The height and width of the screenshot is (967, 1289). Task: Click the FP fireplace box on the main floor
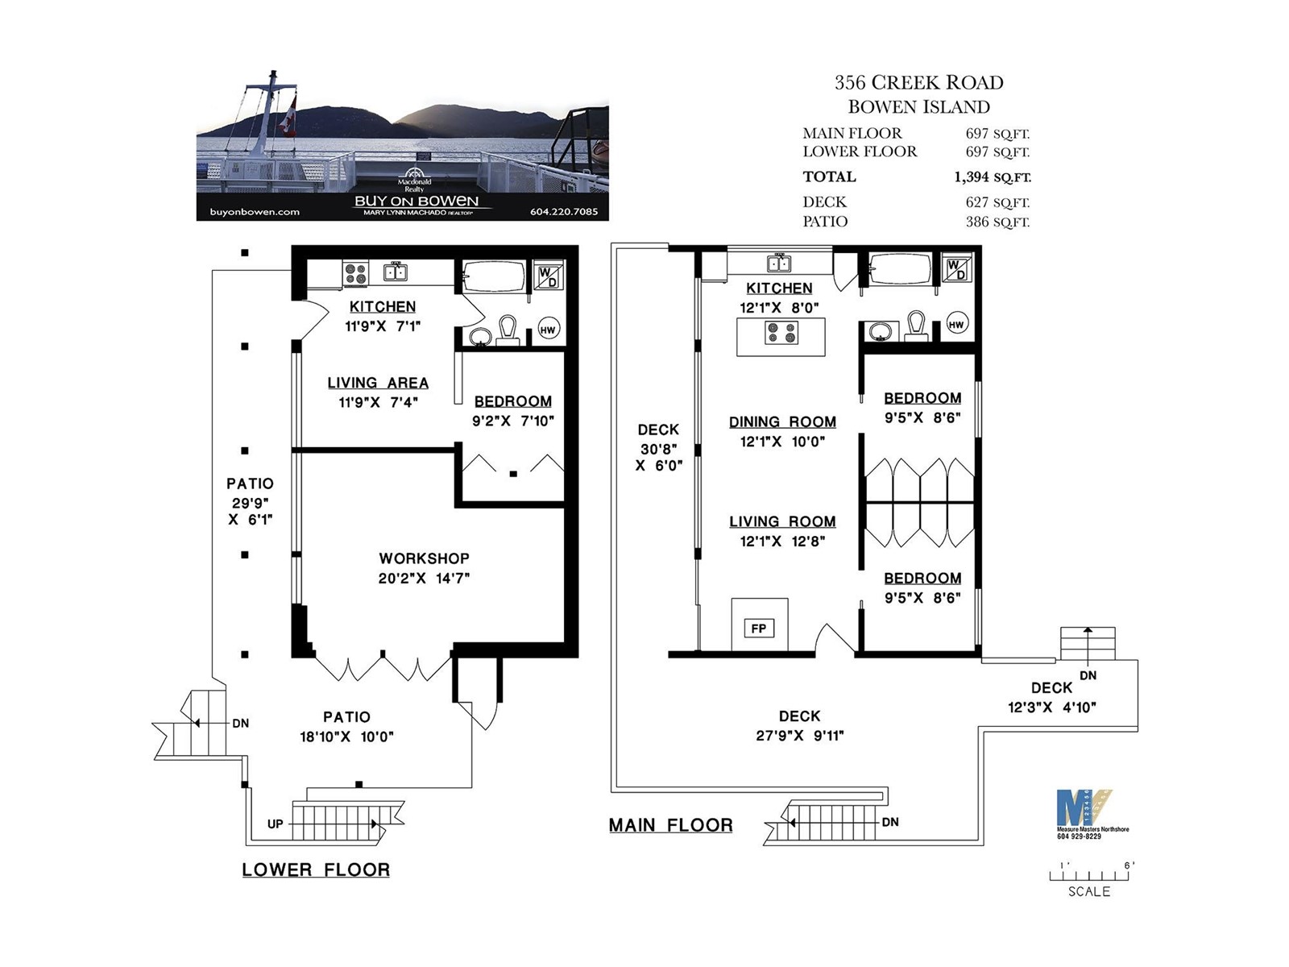[759, 629]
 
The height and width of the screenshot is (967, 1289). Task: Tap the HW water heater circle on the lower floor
[547, 330]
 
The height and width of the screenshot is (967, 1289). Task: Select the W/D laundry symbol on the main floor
[956, 269]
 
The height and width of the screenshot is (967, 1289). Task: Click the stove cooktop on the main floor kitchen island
[781, 333]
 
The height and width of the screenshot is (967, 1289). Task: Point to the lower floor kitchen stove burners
[355, 274]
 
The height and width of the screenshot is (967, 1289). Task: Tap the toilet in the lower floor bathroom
[508, 330]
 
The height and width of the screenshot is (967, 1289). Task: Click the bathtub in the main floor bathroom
[899, 270]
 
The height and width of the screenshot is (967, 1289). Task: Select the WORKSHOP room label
[424, 558]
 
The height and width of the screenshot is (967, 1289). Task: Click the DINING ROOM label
[782, 421]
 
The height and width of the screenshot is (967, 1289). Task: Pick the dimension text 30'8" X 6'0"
[659, 458]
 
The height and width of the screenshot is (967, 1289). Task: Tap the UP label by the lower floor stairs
[275, 824]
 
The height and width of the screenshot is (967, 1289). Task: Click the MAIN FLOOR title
[670, 825]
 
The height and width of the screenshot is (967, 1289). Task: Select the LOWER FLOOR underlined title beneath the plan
[316, 869]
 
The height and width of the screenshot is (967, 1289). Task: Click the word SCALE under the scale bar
[1088, 891]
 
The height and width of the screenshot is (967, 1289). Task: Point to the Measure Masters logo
[1084, 814]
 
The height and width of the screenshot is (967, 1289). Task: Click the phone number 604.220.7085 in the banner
[564, 212]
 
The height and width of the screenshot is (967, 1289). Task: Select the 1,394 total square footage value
[992, 176]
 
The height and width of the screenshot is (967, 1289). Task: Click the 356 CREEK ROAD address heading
[919, 83]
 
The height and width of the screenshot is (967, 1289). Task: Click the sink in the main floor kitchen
[779, 264]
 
